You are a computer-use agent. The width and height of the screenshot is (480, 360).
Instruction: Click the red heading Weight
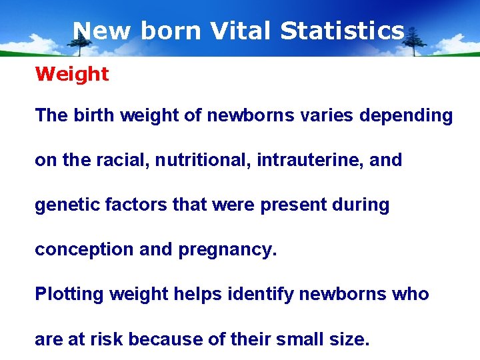[x=71, y=74]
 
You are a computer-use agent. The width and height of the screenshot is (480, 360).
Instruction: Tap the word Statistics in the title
[x=342, y=31]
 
